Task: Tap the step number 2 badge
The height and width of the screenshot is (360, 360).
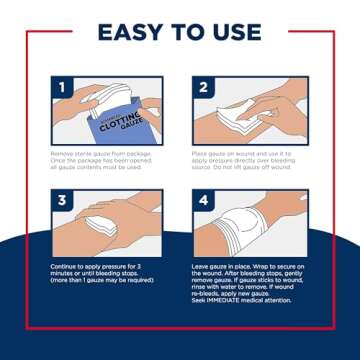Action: coord(203,87)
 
